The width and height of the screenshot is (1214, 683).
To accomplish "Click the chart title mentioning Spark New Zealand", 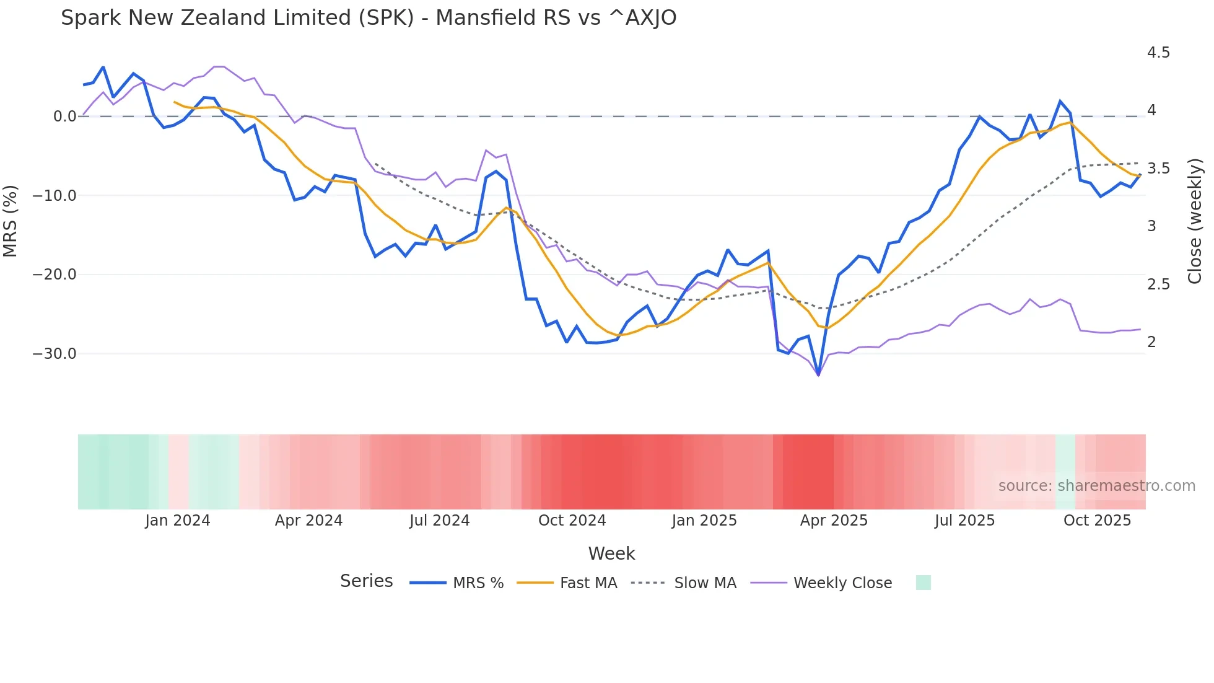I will (369, 18).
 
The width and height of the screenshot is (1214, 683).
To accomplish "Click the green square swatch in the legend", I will (923, 583).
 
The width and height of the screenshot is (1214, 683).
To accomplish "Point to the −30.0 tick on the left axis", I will (55, 354).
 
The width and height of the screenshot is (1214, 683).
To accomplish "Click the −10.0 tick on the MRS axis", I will (55, 196).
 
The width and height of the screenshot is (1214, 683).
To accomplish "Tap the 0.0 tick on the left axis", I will (64, 117).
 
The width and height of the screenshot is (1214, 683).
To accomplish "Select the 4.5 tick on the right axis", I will (1158, 53).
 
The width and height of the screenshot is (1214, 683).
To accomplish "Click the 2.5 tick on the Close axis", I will (1158, 284).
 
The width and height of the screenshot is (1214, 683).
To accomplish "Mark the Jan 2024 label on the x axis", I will (178, 521).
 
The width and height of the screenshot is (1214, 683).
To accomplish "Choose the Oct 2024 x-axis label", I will (572, 521).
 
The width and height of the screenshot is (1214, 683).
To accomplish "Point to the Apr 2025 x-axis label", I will (834, 521).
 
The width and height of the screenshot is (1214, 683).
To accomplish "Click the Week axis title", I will (611, 553).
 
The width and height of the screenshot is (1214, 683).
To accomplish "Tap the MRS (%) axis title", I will (11, 221).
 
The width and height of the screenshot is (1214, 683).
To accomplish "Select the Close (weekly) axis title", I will (1195, 221).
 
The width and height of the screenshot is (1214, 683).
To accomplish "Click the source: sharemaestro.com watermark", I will (1096, 486).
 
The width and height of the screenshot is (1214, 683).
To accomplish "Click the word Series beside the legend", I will (366, 581).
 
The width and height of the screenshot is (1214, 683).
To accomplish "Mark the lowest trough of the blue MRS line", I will (818, 374).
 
